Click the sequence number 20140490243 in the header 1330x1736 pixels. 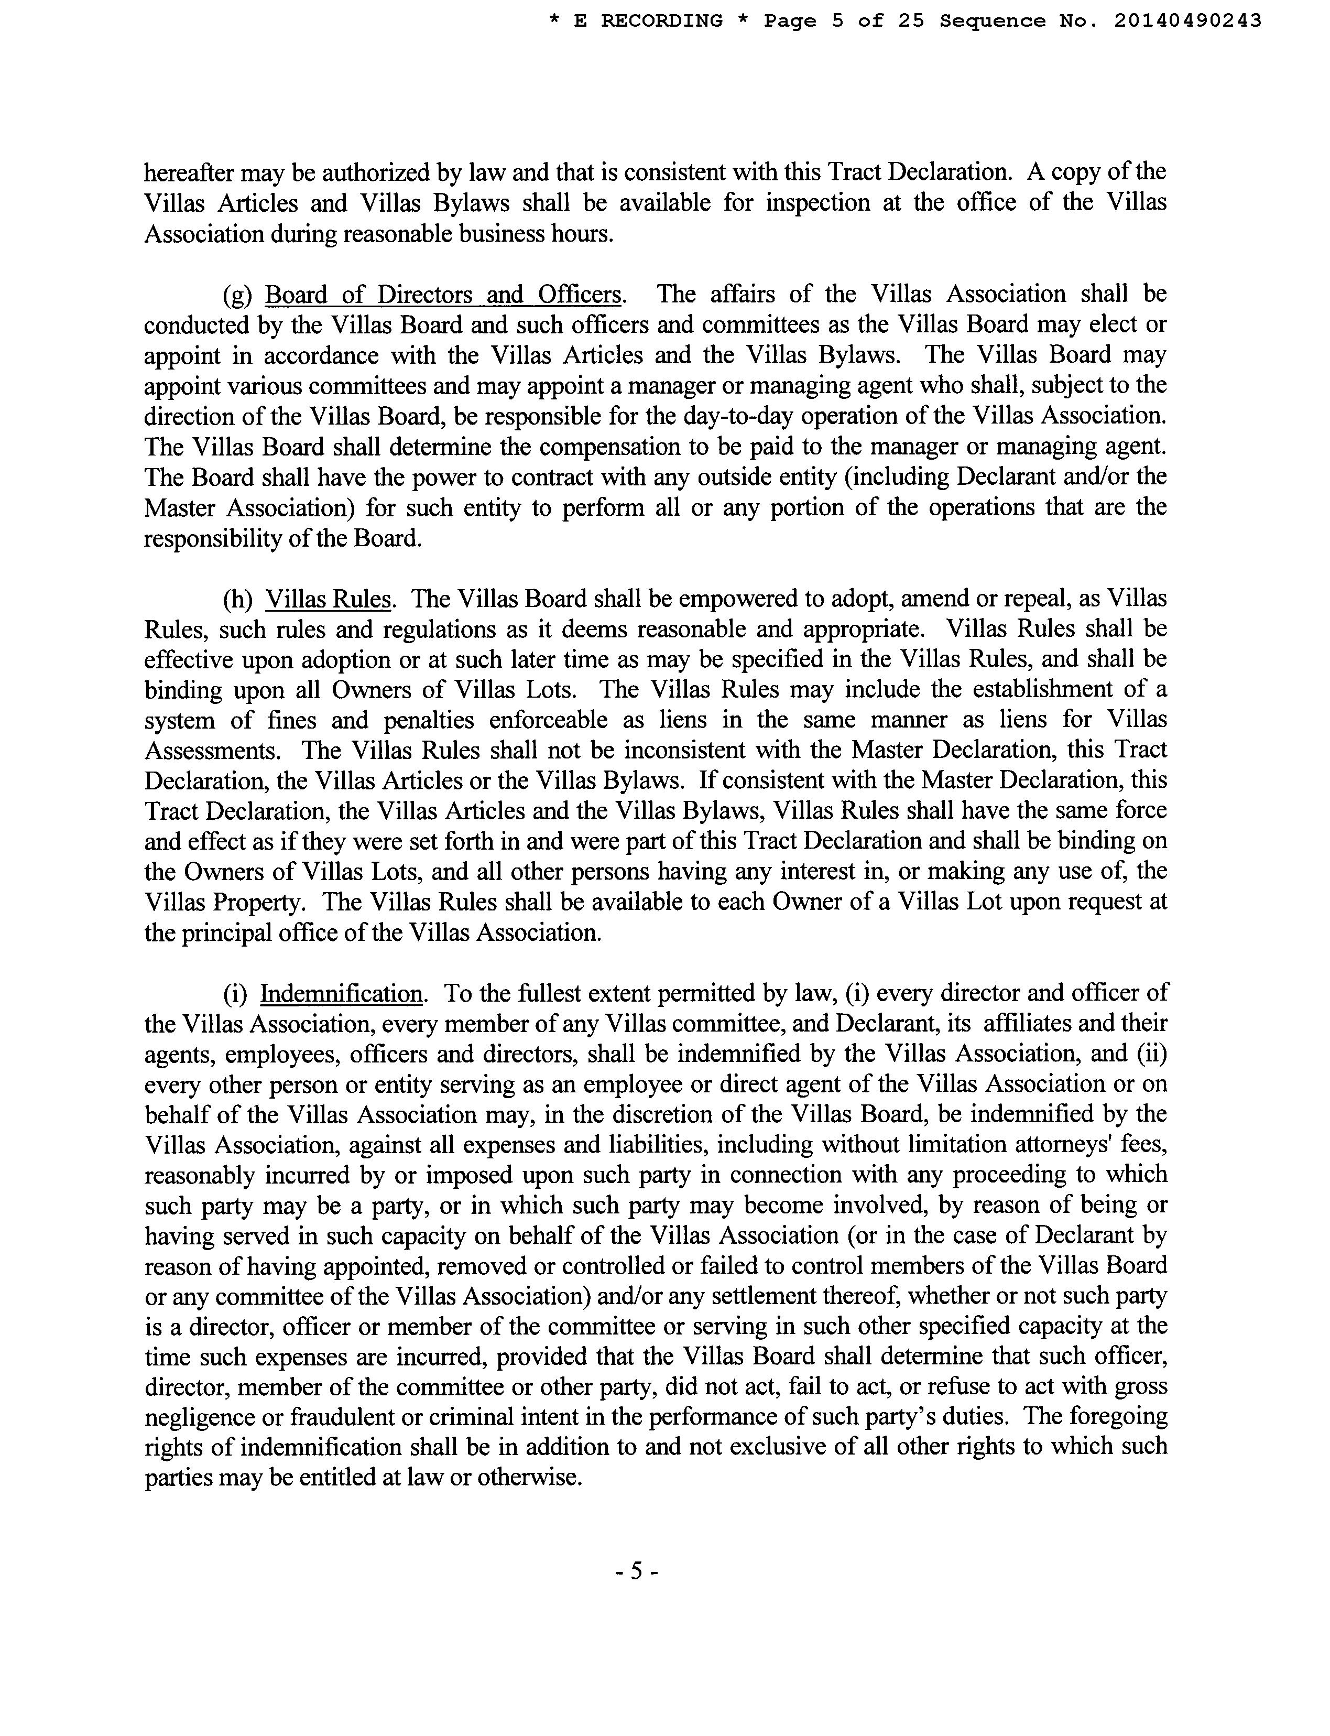(1187, 21)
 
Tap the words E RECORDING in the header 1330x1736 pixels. (648, 21)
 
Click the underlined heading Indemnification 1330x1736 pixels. (341, 993)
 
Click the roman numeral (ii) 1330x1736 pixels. (1152, 1054)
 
